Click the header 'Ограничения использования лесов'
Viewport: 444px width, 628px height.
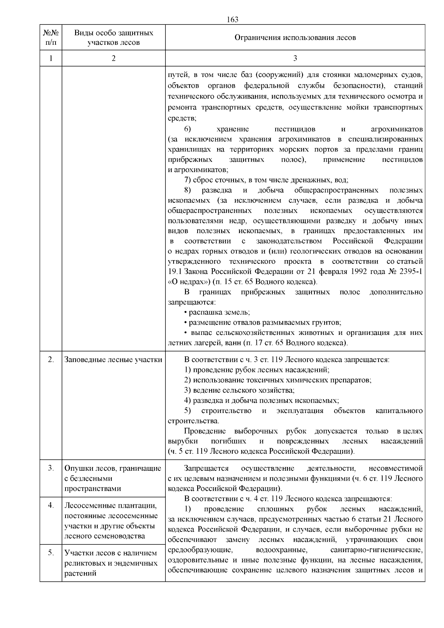pyautogui.click(x=295, y=37)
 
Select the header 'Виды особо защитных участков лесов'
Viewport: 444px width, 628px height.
pyautogui.click(x=114, y=37)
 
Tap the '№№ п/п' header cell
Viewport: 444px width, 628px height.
pyautogui.click(x=51, y=37)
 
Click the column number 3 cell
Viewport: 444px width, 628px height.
pyautogui.click(x=295, y=58)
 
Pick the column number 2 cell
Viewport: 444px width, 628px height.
pyautogui.click(x=114, y=58)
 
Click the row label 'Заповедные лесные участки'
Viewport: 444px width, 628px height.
pyautogui.click(x=113, y=360)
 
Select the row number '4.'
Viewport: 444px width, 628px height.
pyautogui.click(x=51, y=505)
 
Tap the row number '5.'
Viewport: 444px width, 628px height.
pyautogui.click(x=51, y=553)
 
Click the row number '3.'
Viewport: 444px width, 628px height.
pyautogui.click(x=51, y=468)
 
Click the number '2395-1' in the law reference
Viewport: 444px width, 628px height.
pyautogui.click(x=411, y=272)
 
